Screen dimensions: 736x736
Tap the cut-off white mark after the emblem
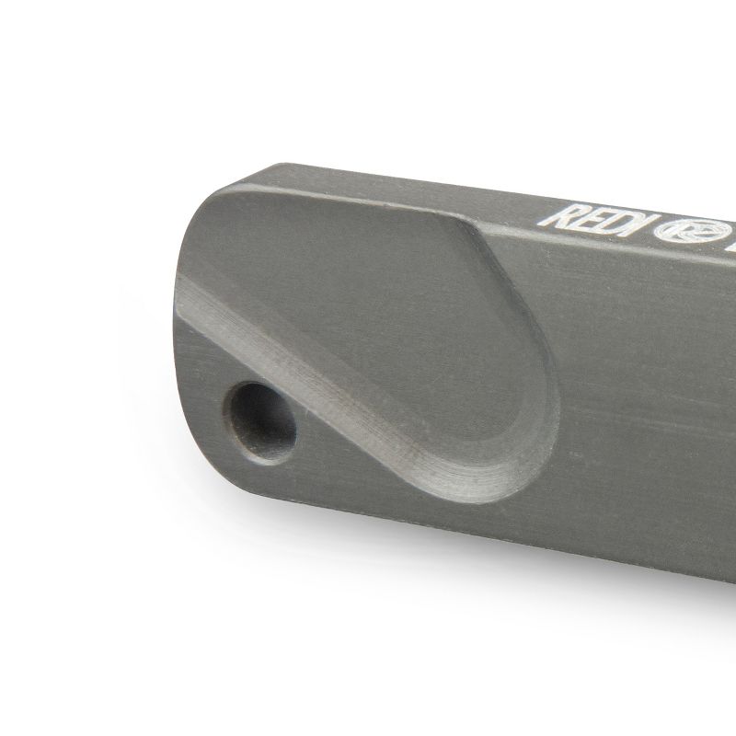[730, 244]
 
